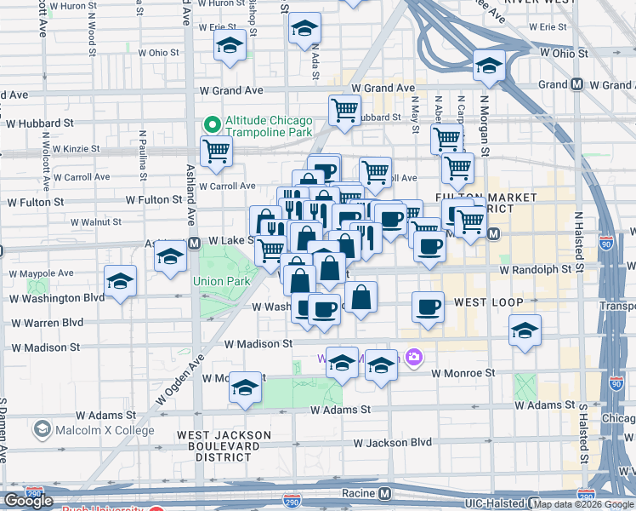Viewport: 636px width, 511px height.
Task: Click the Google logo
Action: (28, 501)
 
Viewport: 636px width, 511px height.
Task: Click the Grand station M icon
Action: (576, 85)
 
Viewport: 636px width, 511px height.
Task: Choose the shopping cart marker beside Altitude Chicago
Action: (216, 152)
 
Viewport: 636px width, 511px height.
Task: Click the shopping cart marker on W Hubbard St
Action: (344, 110)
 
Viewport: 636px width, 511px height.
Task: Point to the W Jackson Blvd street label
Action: (393, 443)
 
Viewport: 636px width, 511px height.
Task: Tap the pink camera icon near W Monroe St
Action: (414, 357)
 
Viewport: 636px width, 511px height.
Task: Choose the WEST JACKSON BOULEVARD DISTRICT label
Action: (224, 445)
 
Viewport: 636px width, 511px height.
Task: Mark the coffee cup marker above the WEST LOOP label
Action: (428, 307)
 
